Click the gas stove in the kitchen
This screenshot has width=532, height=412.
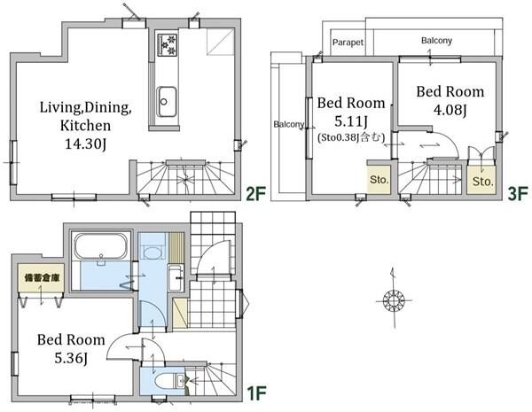click(x=168, y=44)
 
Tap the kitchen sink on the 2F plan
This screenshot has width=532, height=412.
click(x=167, y=101)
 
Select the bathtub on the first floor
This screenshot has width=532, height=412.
click(x=101, y=246)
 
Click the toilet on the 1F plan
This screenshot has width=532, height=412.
click(x=168, y=381)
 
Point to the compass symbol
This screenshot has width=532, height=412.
click(x=394, y=299)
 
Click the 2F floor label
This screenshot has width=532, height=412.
click(x=254, y=194)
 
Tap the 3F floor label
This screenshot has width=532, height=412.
click(x=518, y=194)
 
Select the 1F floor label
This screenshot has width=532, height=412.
click(x=255, y=393)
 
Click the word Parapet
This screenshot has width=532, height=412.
click(x=348, y=43)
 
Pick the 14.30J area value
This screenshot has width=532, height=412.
click(x=85, y=144)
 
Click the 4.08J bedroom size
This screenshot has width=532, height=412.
click(x=450, y=110)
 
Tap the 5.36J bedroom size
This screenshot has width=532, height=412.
click(x=71, y=358)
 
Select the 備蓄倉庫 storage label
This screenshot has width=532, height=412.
click(x=42, y=277)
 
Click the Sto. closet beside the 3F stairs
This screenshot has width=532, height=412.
click(x=481, y=181)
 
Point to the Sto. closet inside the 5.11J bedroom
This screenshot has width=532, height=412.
click(x=379, y=180)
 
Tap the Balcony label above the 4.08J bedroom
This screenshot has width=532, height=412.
click(x=436, y=41)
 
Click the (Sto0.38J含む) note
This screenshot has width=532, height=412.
click(x=351, y=137)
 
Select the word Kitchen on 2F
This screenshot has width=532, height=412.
click(x=85, y=126)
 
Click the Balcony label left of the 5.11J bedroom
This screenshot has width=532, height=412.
click(x=289, y=124)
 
